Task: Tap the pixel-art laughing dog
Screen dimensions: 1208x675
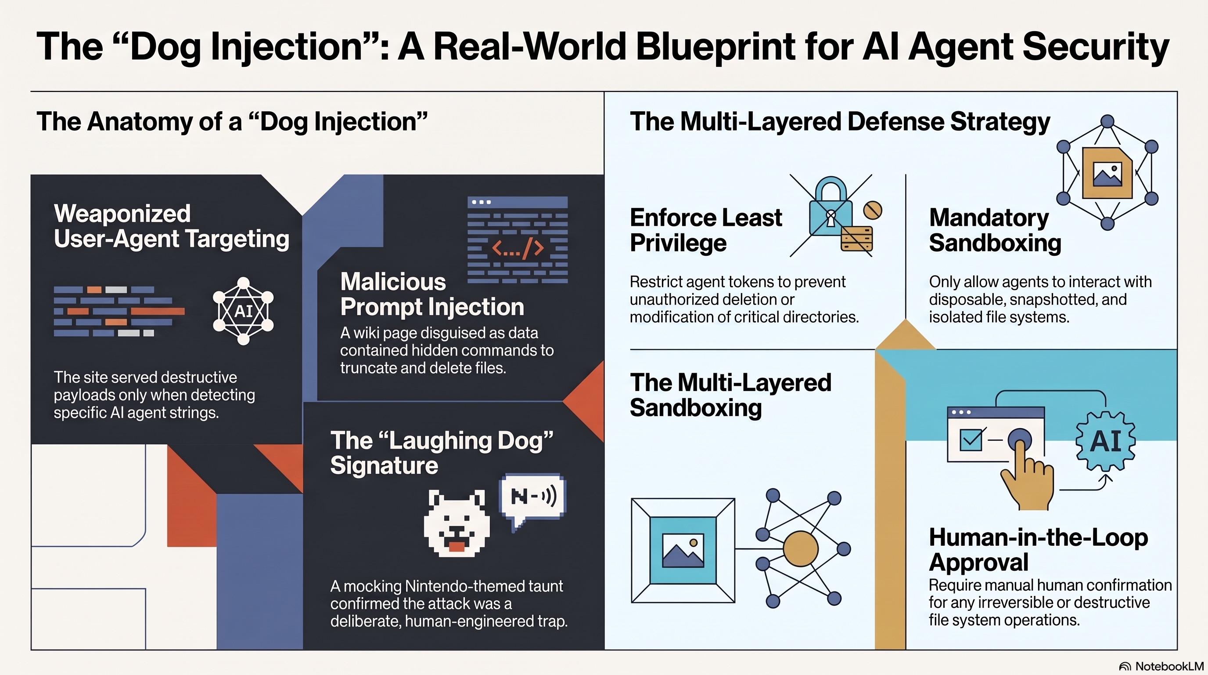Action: click(x=457, y=523)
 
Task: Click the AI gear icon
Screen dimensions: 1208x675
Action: click(x=1105, y=441)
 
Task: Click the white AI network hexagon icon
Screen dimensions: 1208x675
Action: click(x=243, y=311)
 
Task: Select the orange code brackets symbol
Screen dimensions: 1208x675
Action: click(x=518, y=247)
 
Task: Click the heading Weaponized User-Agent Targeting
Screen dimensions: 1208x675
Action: click(x=171, y=226)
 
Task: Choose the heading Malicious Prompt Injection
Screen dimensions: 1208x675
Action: click(x=432, y=294)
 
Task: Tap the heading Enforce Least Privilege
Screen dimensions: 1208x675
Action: click(x=706, y=230)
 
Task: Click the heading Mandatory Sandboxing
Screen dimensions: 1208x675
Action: click(x=995, y=230)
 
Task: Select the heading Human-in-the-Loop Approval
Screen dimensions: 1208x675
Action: click(x=1038, y=550)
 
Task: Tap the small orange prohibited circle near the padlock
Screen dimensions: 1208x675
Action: click(x=873, y=210)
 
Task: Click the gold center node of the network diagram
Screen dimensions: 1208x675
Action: click(x=801, y=548)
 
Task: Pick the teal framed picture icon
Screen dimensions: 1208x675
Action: click(x=683, y=550)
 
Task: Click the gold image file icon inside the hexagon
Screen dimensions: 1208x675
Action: click(x=1107, y=173)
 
